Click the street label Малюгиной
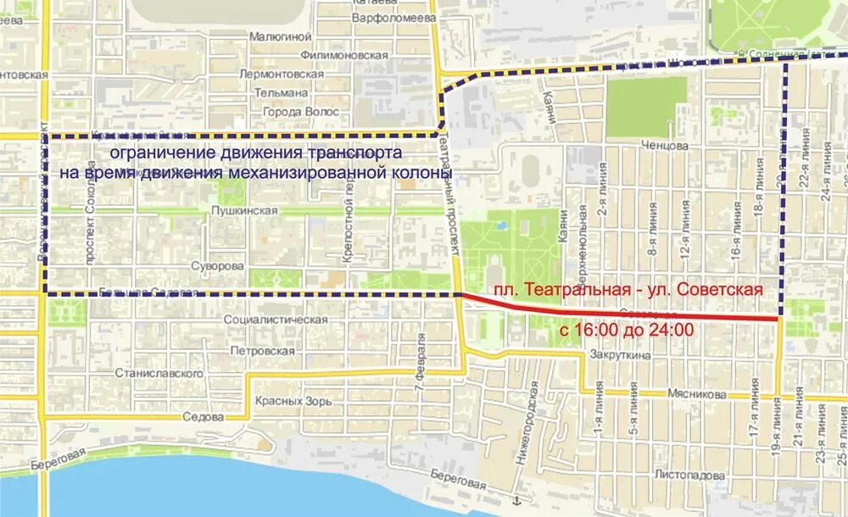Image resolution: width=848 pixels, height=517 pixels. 281,36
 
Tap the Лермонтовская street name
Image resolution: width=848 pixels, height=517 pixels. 282,74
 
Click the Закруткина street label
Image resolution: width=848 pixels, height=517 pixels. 621,356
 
